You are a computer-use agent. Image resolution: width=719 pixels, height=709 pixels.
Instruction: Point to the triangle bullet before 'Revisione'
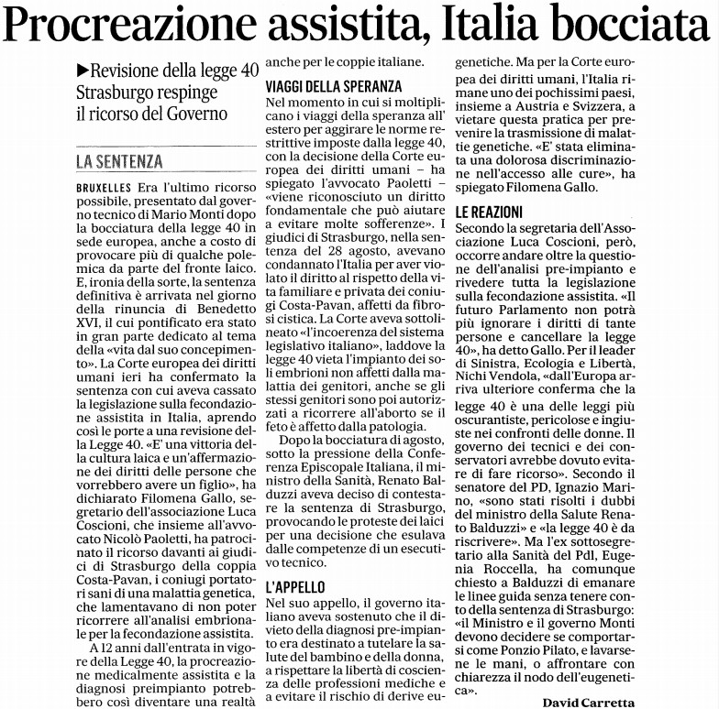coord(83,70)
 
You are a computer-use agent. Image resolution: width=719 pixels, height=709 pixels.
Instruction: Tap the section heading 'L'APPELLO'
coord(295,585)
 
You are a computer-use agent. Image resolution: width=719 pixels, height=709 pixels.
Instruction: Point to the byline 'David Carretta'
coord(588,702)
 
